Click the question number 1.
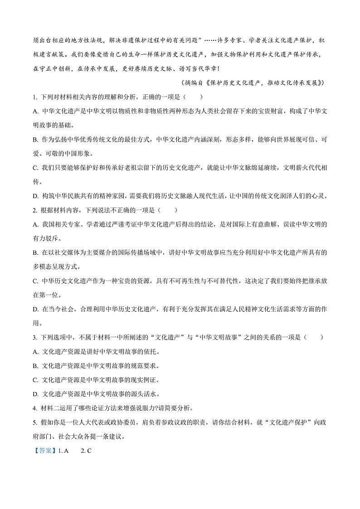pos(34,97)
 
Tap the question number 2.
pos(34,210)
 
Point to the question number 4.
pos(34,408)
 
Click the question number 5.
pos(34,422)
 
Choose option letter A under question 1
pos(35,111)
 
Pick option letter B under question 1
pos(35,140)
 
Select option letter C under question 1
pos(35,168)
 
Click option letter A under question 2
pos(35,224)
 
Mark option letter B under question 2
pos(35,252)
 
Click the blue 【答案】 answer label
pos(45,451)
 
